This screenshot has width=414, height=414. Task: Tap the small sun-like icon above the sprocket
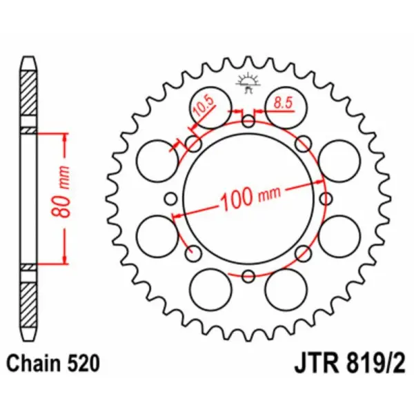pyautogui.click(x=248, y=81)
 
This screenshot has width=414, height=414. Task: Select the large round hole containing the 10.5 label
pyautogui.click(x=210, y=110)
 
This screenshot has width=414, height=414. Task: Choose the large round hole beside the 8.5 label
pyautogui.click(x=284, y=111)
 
